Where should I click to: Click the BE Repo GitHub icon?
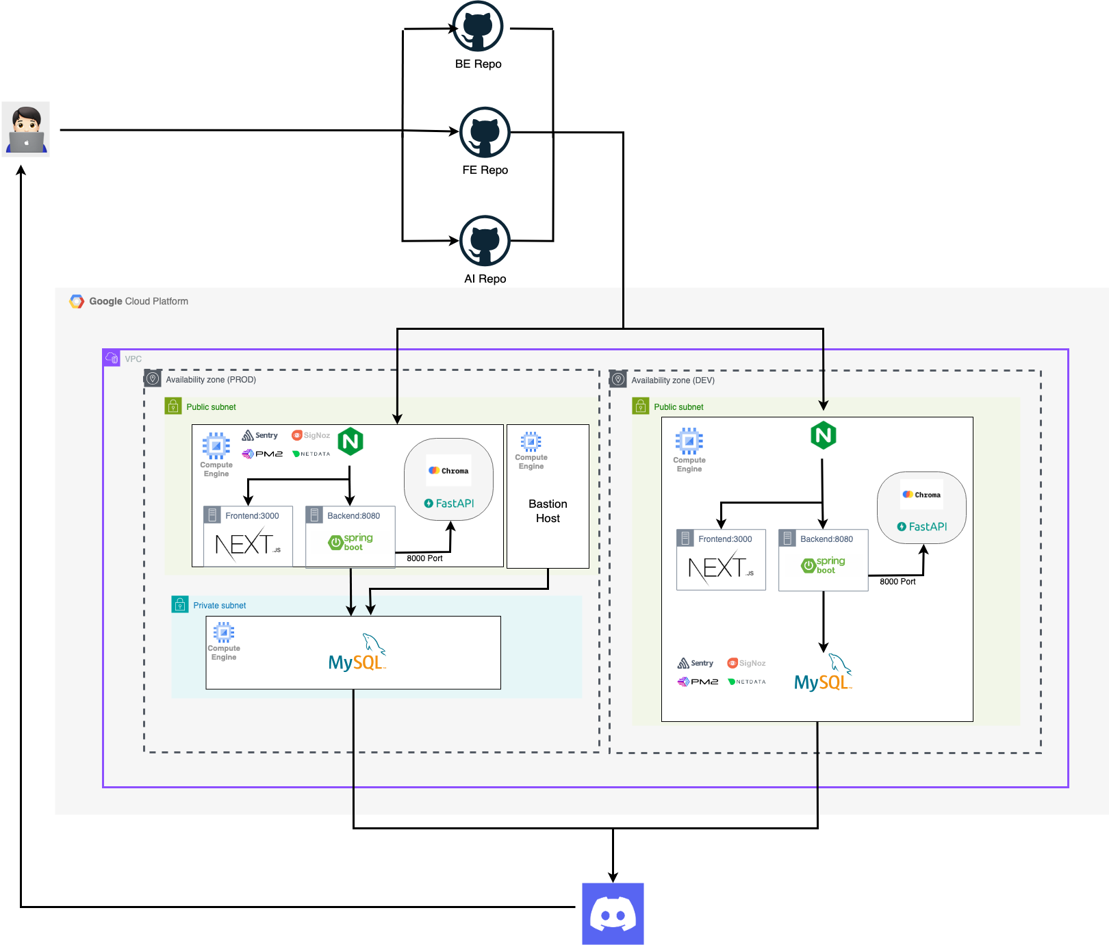[x=478, y=27]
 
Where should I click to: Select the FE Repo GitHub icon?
[x=485, y=133]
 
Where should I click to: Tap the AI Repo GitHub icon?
[x=485, y=241]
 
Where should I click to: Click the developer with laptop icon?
[x=26, y=129]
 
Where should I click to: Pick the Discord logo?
[x=613, y=914]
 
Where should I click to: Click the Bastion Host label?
[x=548, y=511]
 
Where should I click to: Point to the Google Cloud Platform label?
[x=138, y=301]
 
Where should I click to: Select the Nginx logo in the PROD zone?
[x=350, y=441]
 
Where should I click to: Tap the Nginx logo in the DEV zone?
[x=823, y=435]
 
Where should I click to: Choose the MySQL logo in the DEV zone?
[x=823, y=674]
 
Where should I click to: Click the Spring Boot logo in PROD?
[x=350, y=543]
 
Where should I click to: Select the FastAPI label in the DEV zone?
[x=922, y=526]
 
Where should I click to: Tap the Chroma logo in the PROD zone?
[x=448, y=471]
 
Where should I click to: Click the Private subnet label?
[x=219, y=606]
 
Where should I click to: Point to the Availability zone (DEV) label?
[x=672, y=380]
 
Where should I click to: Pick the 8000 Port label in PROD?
[x=424, y=558]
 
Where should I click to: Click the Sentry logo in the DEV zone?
[x=696, y=663]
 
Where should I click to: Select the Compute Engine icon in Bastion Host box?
[x=531, y=441]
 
